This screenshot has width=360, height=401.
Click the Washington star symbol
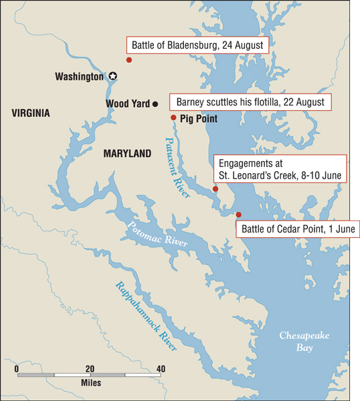pyautogui.click(x=113, y=77)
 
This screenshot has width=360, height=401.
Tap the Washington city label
pyautogui.click(x=79, y=77)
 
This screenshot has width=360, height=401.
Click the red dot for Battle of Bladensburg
pyautogui.click(x=129, y=60)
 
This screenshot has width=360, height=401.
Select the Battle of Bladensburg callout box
pyautogui.click(x=198, y=45)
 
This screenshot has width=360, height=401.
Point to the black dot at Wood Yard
pyautogui.click(x=155, y=104)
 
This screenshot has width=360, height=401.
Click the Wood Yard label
pyautogui.click(x=128, y=104)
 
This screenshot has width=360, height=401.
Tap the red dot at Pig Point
pyautogui.click(x=173, y=118)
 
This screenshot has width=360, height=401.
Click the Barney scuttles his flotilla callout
pyautogui.click(x=250, y=102)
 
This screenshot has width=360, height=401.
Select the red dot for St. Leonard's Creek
pyautogui.click(x=215, y=189)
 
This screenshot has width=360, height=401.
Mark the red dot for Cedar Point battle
pyautogui.click(x=239, y=215)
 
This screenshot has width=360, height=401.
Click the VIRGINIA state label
pyautogui.click(x=31, y=114)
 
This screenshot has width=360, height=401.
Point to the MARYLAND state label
pyautogui.click(x=127, y=154)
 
